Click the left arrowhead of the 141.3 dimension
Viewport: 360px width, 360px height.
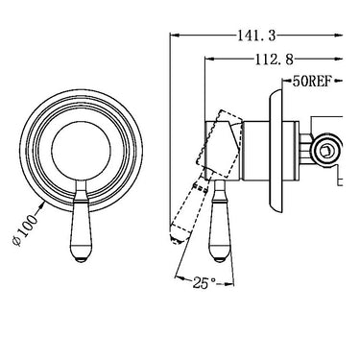click(173, 36)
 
